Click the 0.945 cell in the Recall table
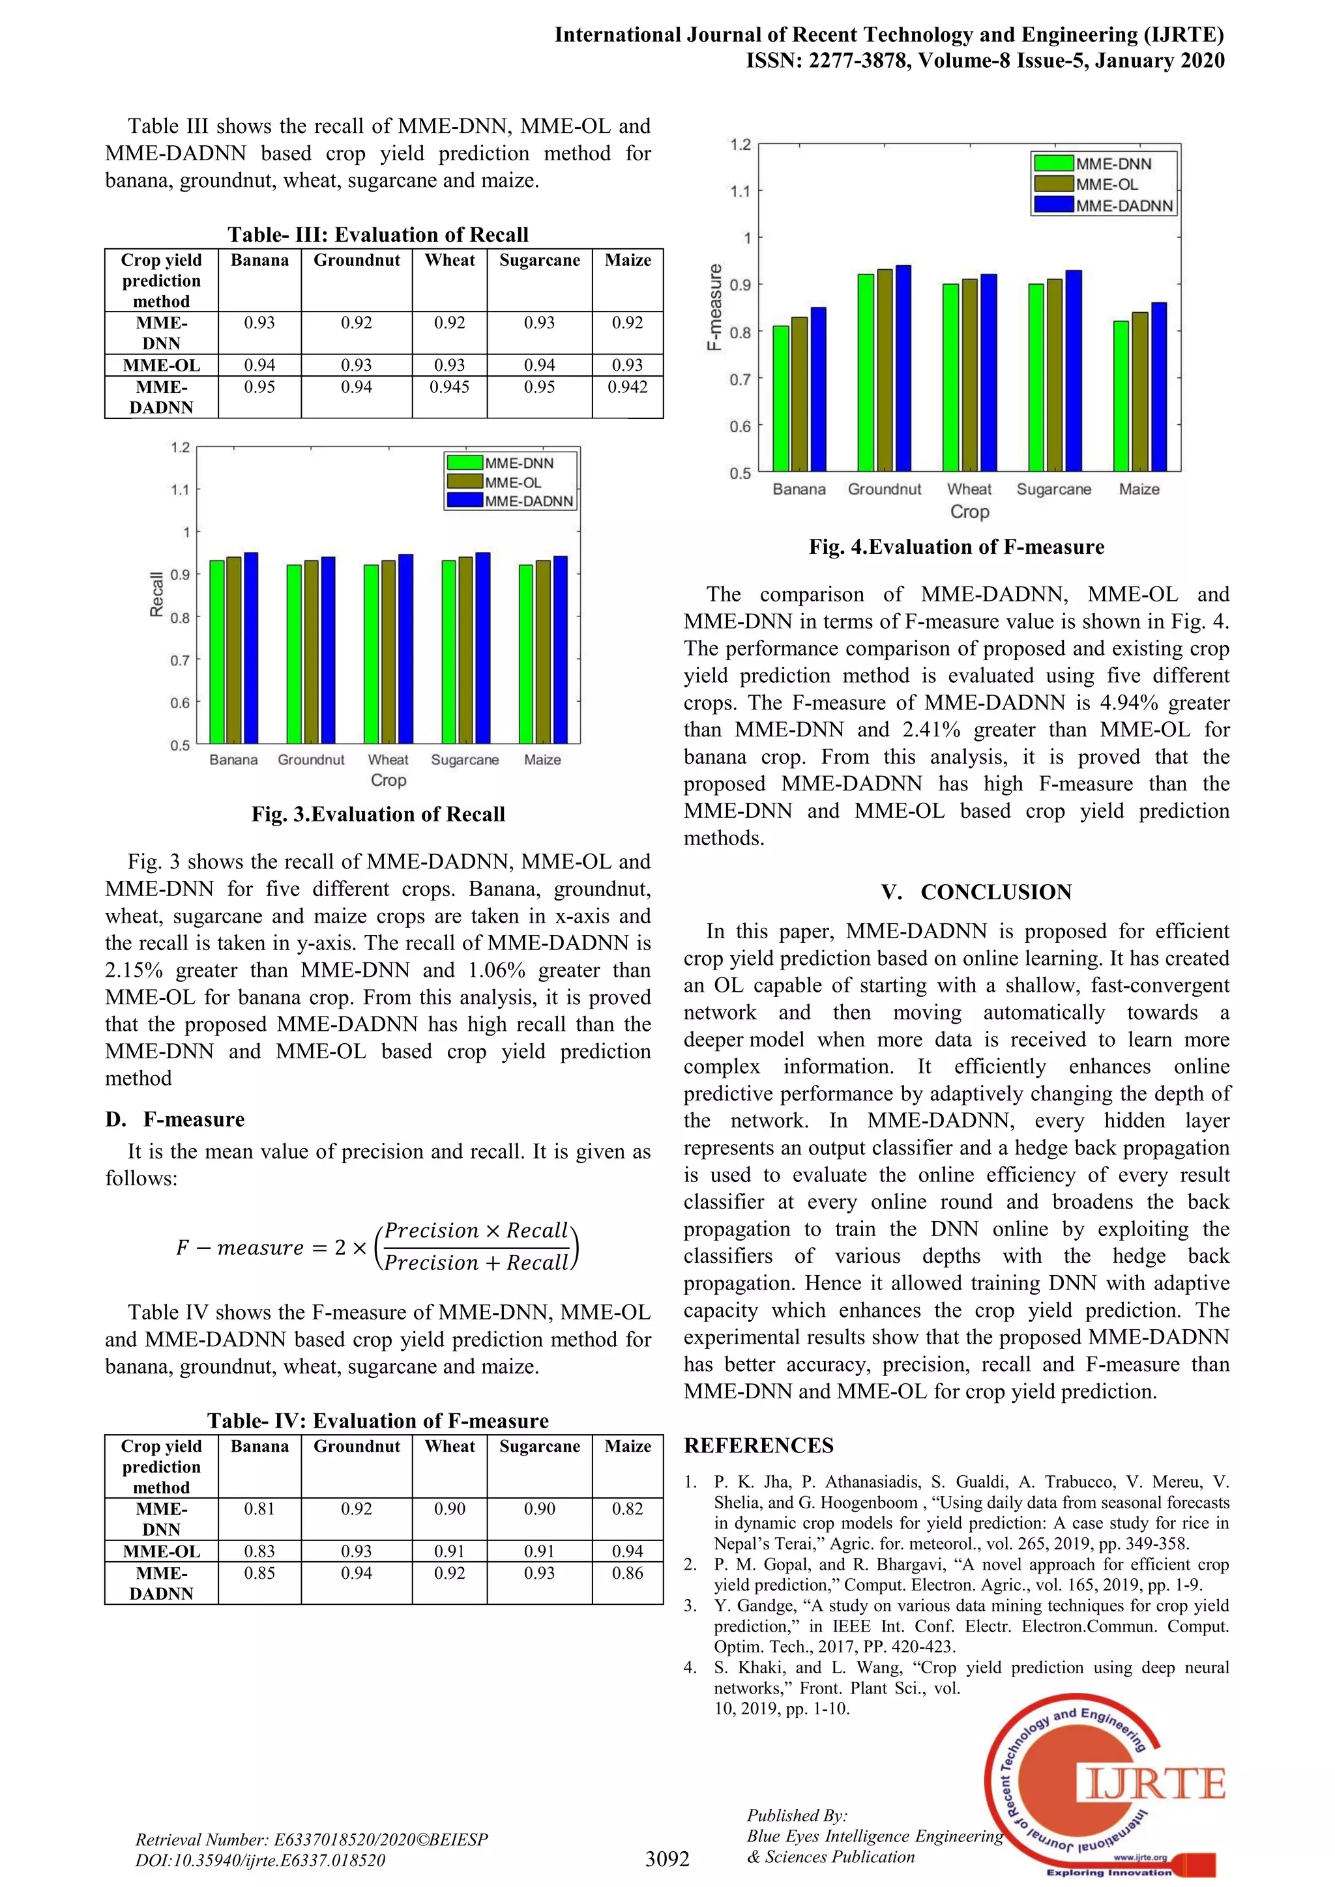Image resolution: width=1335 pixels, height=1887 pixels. point(449,387)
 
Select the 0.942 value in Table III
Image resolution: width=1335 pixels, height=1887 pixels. point(627,387)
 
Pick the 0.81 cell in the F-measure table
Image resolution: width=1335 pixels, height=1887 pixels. point(259,1509)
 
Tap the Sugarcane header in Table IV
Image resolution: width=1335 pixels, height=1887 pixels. point(539,1447)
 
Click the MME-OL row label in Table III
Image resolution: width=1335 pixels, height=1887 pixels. point(161,366)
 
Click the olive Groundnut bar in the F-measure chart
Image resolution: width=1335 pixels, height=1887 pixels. point(885,370)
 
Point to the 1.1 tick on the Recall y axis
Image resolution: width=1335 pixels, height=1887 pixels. point(180,490)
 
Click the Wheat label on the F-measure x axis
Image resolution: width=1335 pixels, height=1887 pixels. point(969,489)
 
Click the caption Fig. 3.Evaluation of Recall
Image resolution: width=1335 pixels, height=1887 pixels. point(378,814)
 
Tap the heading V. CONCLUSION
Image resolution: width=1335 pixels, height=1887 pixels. point(976,893)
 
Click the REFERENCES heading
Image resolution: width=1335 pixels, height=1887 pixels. point(758,1447)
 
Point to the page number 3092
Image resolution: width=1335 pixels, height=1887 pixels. point(667,1859)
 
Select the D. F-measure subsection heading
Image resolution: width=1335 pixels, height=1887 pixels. point(174,1119)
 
